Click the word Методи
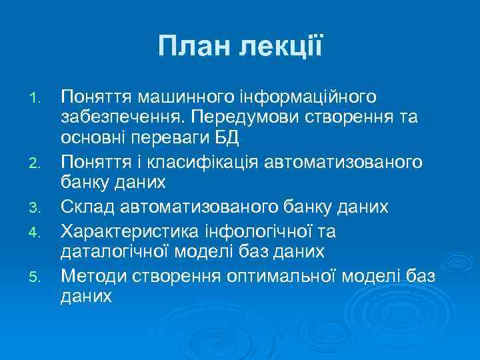tap(92, 273)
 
